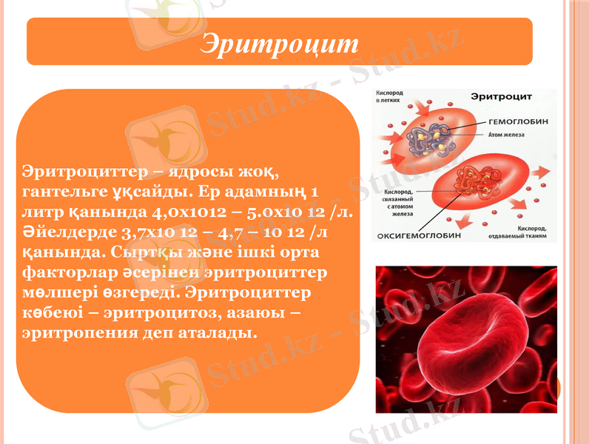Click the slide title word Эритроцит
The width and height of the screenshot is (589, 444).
pos(279,43)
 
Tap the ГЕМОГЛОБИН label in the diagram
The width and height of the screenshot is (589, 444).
pos(516,122)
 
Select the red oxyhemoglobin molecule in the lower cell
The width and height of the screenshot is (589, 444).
pos(477,181)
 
